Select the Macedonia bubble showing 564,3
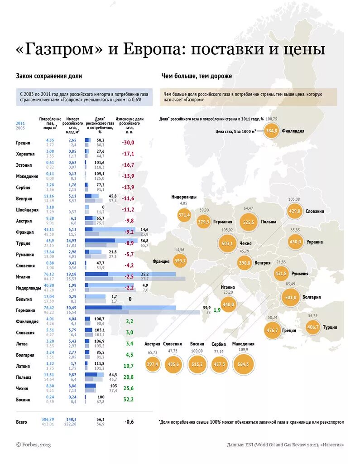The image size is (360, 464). pos(243,364)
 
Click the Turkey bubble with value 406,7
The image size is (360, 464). pos(313,327)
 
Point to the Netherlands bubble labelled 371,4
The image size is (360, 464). pos(184,215)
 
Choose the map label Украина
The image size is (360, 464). pos(315,242)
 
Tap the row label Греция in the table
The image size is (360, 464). pos(23,143)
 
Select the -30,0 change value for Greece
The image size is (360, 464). pos(128,143)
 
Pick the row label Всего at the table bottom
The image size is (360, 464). pos(22,422)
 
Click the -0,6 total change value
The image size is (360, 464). pos(129,422)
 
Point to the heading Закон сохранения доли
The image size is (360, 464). pos(49,76)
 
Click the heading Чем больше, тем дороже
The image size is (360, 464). pos(197,76)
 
